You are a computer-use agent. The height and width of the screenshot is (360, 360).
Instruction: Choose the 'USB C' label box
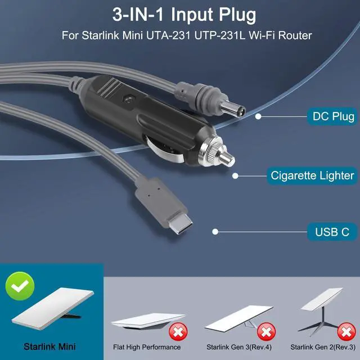[x=328, y=231]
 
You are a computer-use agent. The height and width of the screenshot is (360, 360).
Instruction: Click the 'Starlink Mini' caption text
[x=50, y=346]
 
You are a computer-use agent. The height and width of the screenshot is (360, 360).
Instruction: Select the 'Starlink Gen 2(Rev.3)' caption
[x=322, y=346]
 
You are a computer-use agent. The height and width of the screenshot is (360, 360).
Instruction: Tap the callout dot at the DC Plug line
[x=259, y=116]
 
